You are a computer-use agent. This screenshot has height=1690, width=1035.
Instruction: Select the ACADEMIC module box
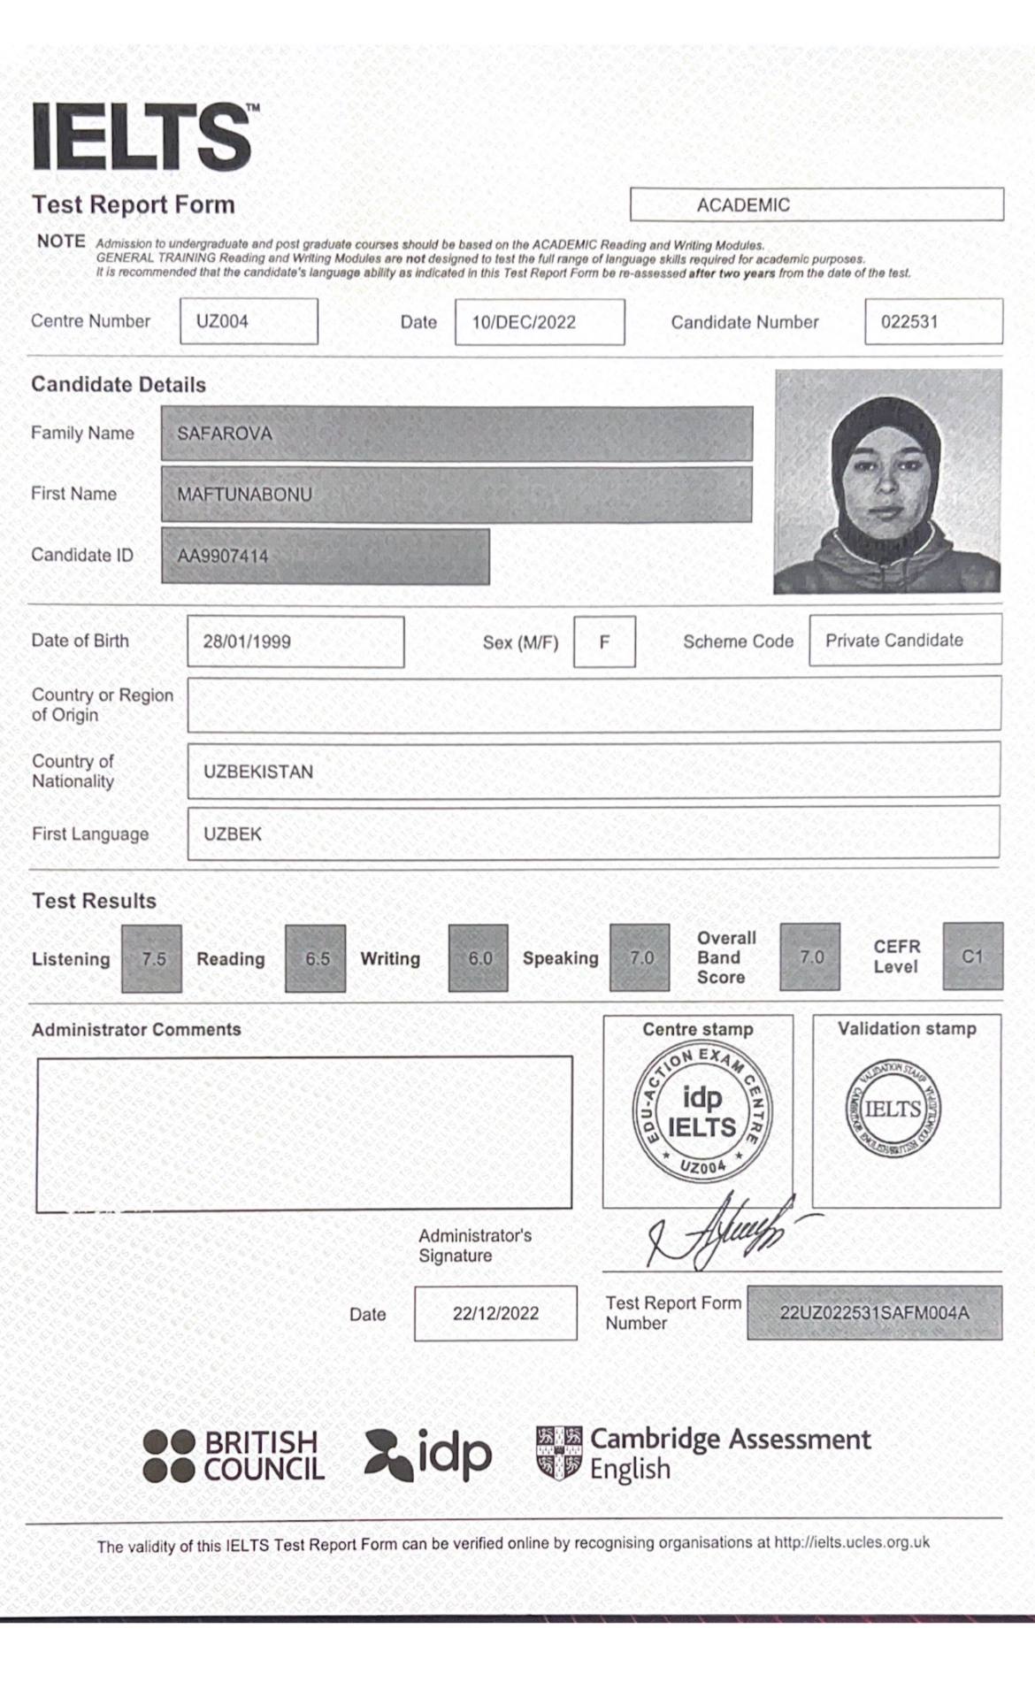pos(816,204)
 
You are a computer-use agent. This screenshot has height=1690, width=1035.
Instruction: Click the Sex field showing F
pos(604,641)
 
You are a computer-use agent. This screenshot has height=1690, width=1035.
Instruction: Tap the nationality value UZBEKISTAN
pos(258,772)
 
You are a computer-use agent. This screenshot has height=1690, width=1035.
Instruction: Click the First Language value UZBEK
pos(233,833)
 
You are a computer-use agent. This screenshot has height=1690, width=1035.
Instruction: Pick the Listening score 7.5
pos(152,958)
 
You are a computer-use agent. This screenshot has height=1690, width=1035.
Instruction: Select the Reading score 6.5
pos(316,958)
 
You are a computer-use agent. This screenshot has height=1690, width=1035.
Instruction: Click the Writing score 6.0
pos(479,958)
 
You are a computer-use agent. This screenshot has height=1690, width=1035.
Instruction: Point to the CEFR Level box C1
pos(972,956)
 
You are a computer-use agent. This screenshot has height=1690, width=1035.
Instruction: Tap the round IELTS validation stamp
pos(893,1110)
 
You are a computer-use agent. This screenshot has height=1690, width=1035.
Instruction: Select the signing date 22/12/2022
pos(495,1314)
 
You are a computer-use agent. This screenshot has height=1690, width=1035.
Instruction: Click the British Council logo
pos(234,1456)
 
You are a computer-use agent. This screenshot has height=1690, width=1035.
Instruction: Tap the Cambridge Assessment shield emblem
pos(559,1453)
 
